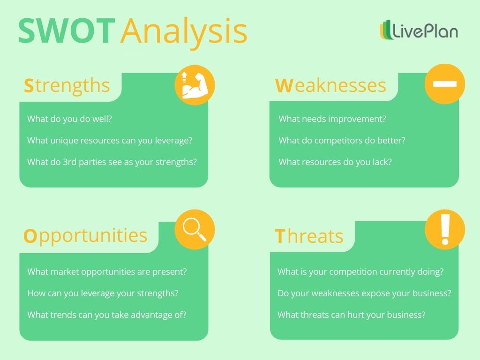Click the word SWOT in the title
66,31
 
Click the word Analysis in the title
183,32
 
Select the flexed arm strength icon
195,85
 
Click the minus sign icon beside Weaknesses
444,84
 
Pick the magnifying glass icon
195,230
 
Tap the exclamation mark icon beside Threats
445,230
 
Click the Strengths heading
67,86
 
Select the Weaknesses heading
330,86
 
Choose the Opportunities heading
85,235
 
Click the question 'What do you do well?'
69,119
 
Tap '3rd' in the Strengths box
71,162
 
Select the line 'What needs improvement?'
332,119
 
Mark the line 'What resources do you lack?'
335,162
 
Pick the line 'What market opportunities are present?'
107,272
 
